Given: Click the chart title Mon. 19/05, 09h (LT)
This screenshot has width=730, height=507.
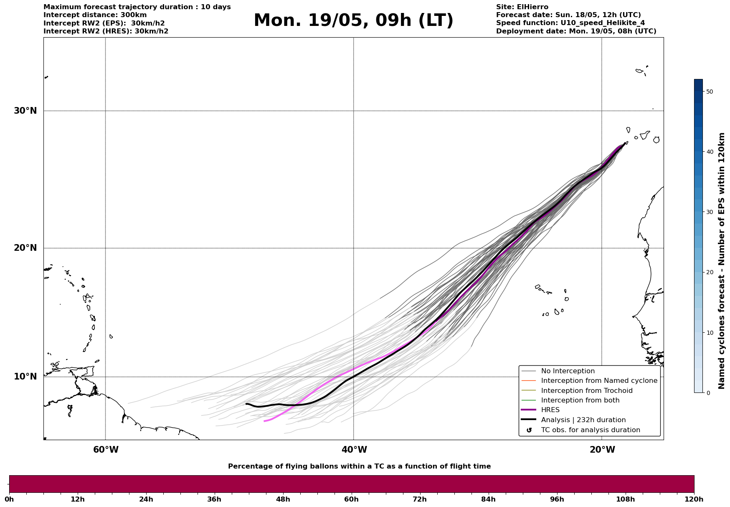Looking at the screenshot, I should coord(353,20).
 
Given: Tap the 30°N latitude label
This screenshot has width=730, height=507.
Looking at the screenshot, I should coord(25,111).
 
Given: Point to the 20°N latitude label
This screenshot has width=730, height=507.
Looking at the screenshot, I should coord(25,248).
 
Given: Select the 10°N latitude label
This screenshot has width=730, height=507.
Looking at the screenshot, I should coord(25,377).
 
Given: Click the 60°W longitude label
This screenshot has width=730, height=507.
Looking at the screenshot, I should coord(106,450).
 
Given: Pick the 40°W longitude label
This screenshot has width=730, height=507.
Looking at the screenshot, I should coord(354,450).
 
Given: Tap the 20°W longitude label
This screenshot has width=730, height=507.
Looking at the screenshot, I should coord(602,450).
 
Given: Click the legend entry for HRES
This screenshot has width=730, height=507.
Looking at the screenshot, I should coord(550,410).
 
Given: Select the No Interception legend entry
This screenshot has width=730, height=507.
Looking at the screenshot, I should coord(568,371).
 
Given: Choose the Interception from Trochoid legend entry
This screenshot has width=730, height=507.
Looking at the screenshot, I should coord(586,391).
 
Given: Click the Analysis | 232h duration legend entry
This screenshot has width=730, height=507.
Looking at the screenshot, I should coord(583,420).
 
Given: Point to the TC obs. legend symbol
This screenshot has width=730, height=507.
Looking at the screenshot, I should coord(529,430).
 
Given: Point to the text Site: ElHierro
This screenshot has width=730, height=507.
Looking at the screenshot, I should coord(522,7).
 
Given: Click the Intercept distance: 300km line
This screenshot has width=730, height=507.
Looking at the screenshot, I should coord(95,15).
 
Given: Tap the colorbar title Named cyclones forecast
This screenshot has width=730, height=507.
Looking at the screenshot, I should coord(722,261).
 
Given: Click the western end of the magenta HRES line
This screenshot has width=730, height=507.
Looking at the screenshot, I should coord(265,421).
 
